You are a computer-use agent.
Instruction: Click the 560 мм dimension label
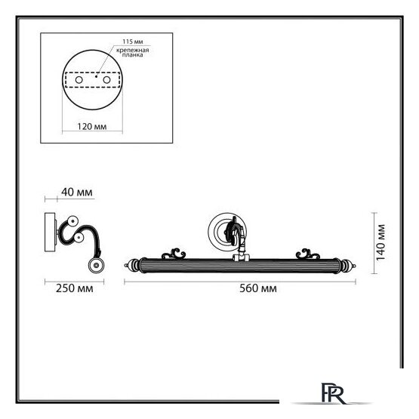pyautogui.click(x=258, y=288)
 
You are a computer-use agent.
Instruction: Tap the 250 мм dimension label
pyautogui.click(x=75, y=288)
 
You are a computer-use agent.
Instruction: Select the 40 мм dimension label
pyautogui.click(x=77, y=192)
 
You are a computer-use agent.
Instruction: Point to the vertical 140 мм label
pyautogui.click(x=380, y=242)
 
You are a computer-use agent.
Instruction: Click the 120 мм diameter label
pyautogui.click(x=92, y=126)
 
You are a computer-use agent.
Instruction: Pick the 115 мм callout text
pyautogui.click(x=133, y=42)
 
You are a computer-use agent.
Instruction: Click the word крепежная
pyautogui.click(x=133, y=50)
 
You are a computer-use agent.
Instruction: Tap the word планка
pyautogui.click(x=133, y=55)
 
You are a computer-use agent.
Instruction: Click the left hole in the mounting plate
pyautogui.click(x=79, y=79)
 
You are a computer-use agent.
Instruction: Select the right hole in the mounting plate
pyautogui.click(x=106, y=79)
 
